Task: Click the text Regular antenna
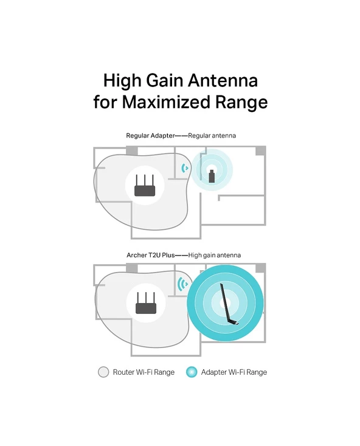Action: point(212,135)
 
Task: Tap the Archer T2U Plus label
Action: point(149,256)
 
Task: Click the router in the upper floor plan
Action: point(145,186)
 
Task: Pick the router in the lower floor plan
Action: point(145,302)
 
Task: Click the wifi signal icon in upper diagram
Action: point(185,167)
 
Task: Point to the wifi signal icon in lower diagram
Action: point(181,283)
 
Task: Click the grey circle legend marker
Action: point(103,372)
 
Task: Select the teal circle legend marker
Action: point(192,372)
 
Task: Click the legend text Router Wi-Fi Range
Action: point(144,372)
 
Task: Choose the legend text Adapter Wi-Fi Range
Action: point(234,372)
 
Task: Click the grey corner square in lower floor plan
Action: point(260,268)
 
